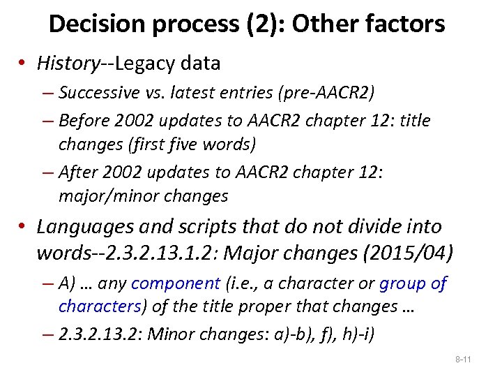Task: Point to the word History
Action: [x=68, y=64]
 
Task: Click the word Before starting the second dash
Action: [x=84, y=121]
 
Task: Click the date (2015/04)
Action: [x=402, y=251]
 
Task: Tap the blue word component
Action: [x=176, y=283]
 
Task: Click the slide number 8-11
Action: [x=463, y=360]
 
